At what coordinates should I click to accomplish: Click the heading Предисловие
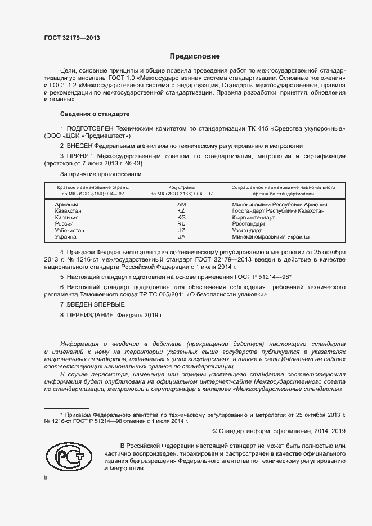pyautogui.click(x=195, y=56)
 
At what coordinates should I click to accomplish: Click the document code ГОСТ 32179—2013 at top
pyautogui.click(x=71, y=38)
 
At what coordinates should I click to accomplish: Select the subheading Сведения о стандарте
pyautogui.click(x=87, y=113)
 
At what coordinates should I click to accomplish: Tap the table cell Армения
pyautogui.click(x=66, y=205)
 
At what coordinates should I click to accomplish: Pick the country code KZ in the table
pyautogui.click(x=181, y=211)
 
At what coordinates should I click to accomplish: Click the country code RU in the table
pyautogui.click(x=181, y=224)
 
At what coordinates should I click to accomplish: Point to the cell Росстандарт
pyautogui.click(x=250, y=224)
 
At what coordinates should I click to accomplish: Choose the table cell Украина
pyautogui.click(x=66, y=237)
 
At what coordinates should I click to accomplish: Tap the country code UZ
pyautogui.click(x=181, y=231)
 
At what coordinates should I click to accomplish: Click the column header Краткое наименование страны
pyautogui.click(x=93, y=186)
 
